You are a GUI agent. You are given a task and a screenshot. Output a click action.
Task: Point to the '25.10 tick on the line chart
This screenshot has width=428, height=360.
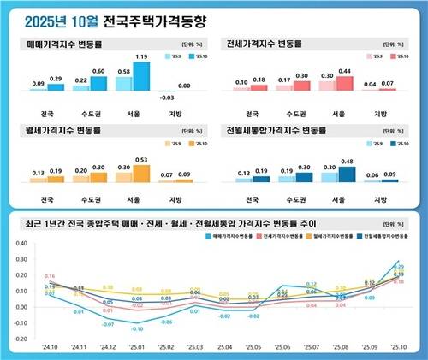click(398, 348)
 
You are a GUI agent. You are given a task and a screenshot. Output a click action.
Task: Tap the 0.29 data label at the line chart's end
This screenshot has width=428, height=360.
click(398, 267)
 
